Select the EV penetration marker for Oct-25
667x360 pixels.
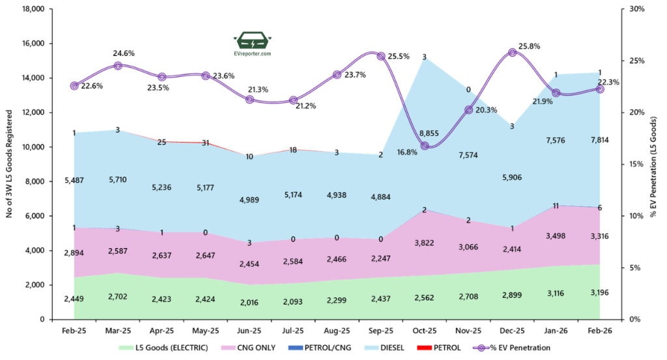click(425, 145)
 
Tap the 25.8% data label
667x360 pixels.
click(529, 47)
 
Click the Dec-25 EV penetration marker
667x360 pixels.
click(512, 52)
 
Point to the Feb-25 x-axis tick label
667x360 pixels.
click(74, 330)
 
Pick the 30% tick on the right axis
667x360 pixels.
click(636, 9)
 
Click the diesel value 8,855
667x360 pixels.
click(425, 133)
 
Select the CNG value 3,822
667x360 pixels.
click(425, 242)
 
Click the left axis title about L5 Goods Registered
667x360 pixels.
click(10, 165)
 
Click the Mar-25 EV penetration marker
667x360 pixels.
click(118, 66)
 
